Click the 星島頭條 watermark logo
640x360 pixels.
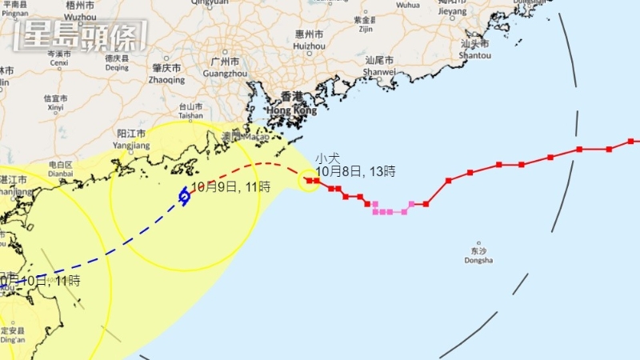81,36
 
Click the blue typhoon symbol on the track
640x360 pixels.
184,195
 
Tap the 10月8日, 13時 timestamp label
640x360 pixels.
355,171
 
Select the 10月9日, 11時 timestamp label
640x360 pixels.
230,186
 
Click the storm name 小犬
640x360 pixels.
327,158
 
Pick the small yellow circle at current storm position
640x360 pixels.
308,181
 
